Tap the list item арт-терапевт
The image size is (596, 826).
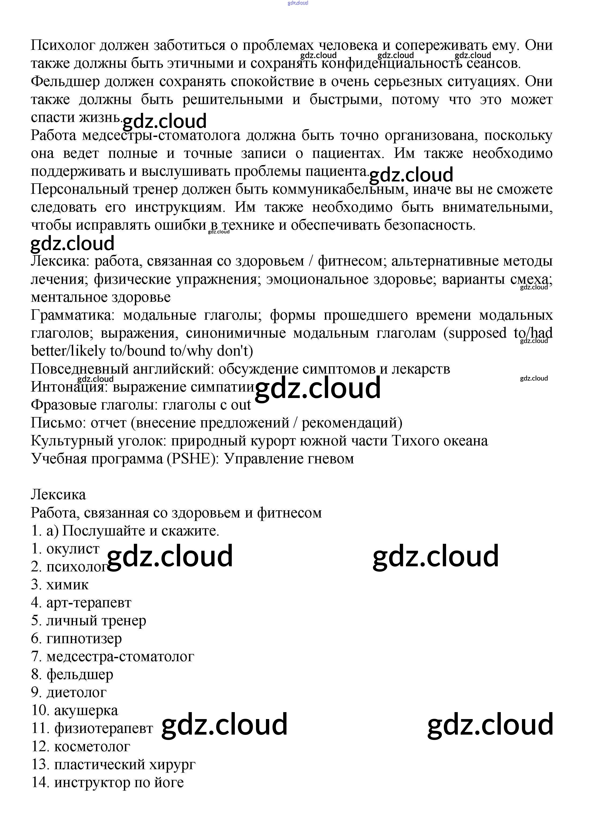[x=81, y=603]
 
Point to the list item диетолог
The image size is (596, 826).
[x=69, y=692]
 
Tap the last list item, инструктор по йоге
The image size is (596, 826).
[x=108, y=782]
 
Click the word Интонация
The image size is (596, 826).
[x=69, y=387]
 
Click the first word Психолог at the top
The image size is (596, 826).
[x=63, y=46]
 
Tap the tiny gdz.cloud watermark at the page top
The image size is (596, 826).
[x=298, y=3]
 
